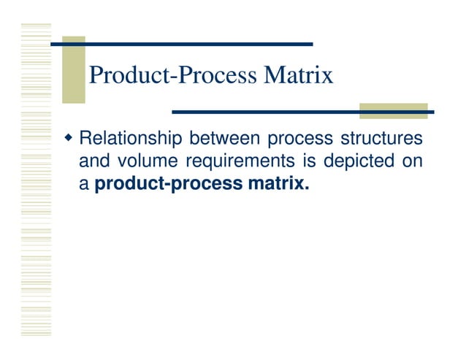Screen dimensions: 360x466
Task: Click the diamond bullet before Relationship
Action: [x=69, y=137]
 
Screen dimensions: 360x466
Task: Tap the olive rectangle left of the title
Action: [x=73, y=70]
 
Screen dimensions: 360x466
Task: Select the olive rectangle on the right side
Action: [x=393, y=110]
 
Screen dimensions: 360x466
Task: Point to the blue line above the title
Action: [x=183, y=44]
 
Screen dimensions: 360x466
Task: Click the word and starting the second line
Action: [x=92, y=161]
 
